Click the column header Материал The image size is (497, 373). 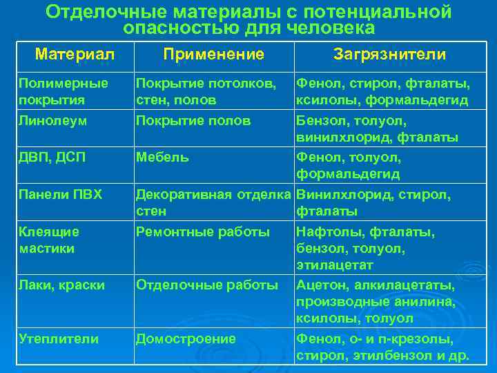75,54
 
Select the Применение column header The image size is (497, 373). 213,54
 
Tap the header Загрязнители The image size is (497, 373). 389,54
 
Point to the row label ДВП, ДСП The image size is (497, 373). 52,157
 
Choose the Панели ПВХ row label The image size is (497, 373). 60,195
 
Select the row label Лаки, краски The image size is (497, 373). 62,284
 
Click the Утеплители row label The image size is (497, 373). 59,338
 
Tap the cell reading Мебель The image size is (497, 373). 162,157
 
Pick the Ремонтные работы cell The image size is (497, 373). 203,231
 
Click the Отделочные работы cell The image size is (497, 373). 206,284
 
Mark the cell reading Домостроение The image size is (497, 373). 186,338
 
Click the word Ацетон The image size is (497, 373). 321,284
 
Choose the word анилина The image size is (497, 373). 425,302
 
